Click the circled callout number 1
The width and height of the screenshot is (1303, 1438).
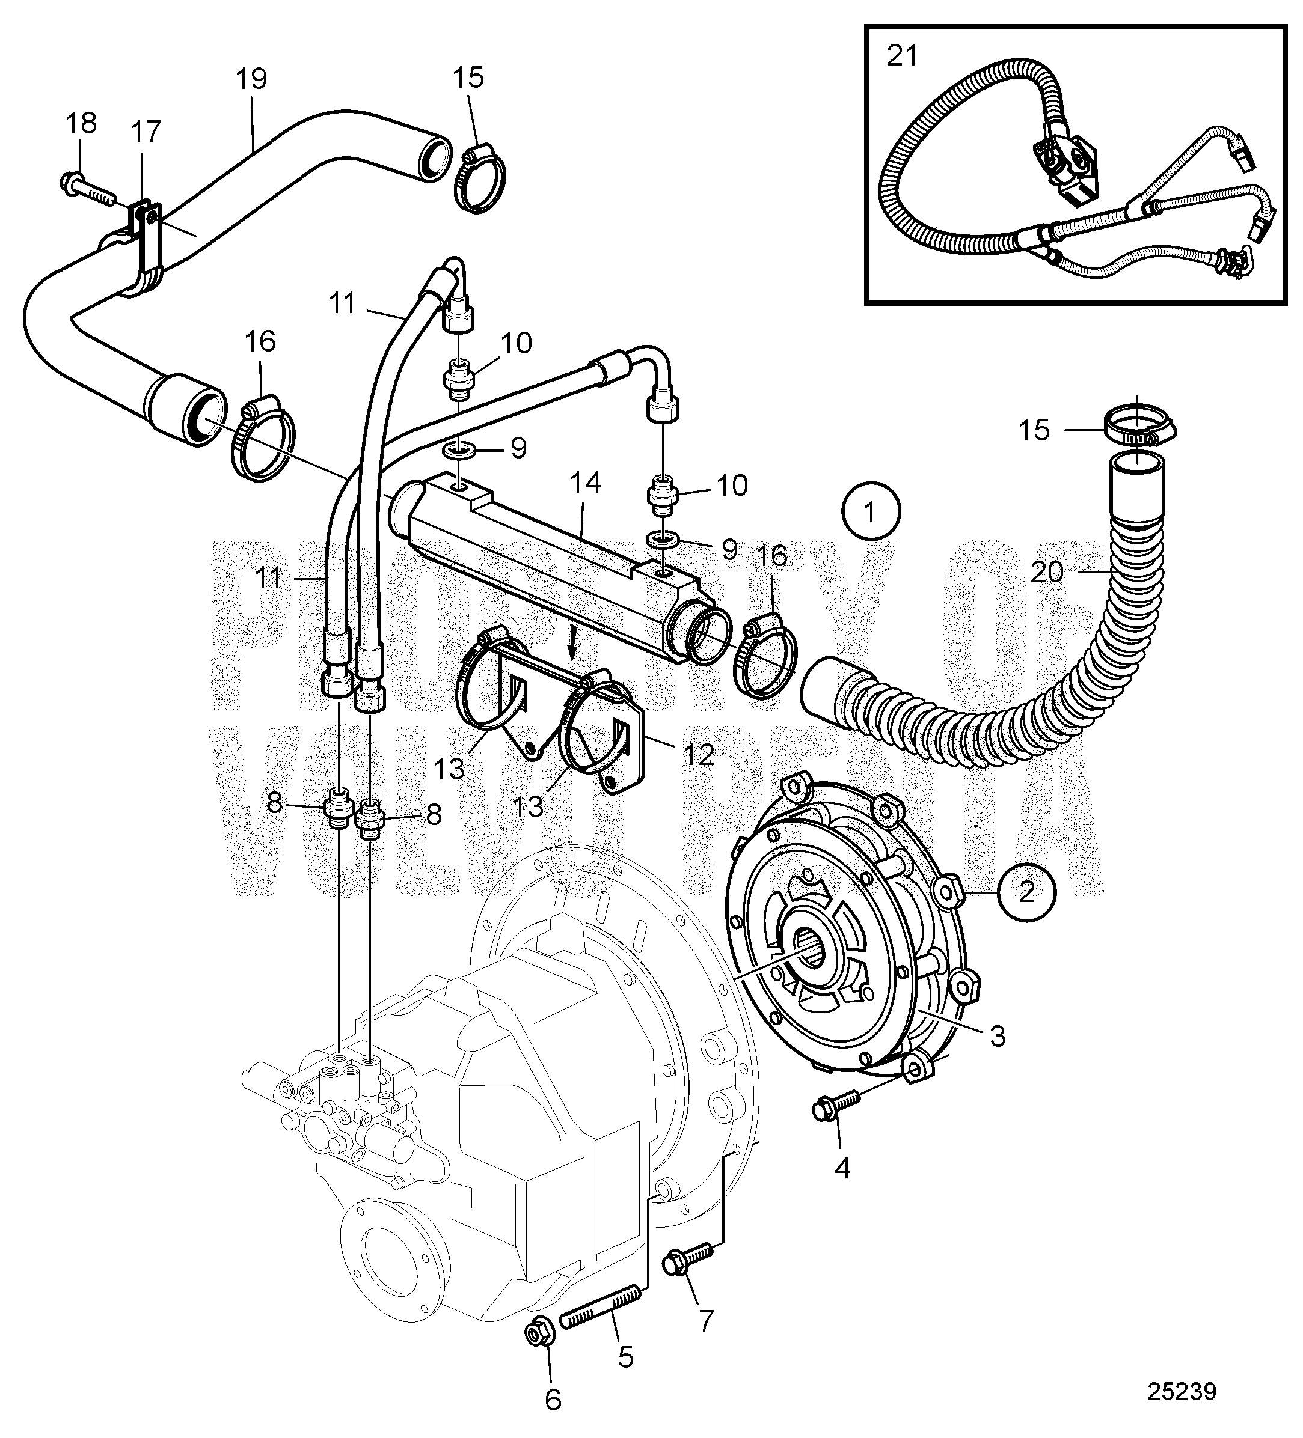click(x=870, y=511)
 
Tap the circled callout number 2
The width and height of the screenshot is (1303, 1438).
click(x=1026, y=892)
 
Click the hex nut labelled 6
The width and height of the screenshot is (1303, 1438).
click(x=535, y=1331)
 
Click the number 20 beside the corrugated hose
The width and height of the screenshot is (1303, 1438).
click(x=1047, y=572)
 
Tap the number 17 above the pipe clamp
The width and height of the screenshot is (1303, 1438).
click(x=146, y=131)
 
